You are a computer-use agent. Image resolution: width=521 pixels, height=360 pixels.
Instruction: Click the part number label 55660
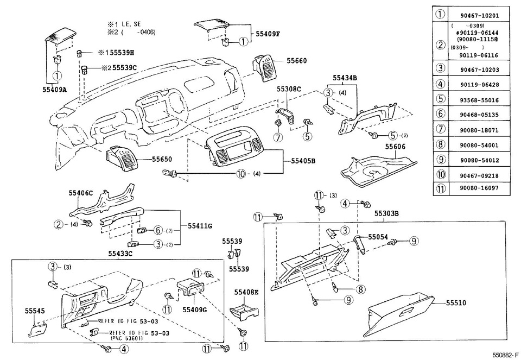[297, 61]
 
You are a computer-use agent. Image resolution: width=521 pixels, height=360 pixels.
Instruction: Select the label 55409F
[269, 33]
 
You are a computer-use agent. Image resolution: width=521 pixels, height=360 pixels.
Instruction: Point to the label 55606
[395, 147]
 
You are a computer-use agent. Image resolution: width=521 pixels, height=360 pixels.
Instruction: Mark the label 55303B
[386, 214]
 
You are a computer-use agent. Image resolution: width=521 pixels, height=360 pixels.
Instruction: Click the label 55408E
[246, 292]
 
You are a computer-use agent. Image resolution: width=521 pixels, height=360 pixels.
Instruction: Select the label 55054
[379, 237]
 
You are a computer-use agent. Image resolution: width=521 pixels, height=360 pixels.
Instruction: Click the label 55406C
[81, 193]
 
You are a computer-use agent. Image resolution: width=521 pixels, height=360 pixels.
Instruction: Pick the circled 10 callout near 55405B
[240, 174]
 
